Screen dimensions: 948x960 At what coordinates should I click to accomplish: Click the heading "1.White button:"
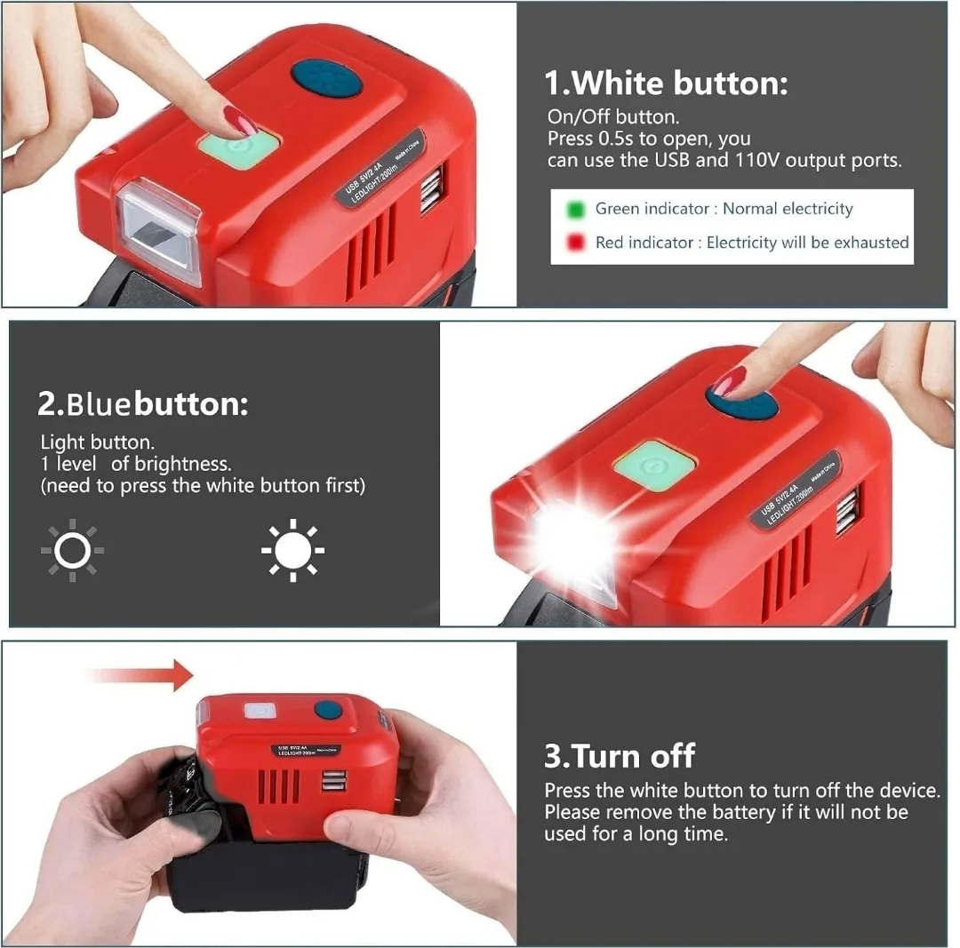(666, 84)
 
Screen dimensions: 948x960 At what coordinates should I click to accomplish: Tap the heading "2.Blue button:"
(142, 404)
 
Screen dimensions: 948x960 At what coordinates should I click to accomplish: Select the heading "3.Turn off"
(619, 756)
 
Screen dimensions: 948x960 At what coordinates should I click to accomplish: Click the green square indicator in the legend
(575, 210)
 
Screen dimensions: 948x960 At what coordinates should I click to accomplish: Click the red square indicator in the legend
(575, 243)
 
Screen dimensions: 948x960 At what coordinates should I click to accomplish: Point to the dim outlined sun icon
(72, 551)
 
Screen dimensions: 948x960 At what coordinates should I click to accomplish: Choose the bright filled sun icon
(292, 551)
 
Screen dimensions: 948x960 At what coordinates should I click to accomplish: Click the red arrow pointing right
(142, 675)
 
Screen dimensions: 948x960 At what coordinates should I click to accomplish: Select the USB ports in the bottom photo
(335, 782)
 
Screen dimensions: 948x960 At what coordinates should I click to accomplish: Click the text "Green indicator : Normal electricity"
(724, 210)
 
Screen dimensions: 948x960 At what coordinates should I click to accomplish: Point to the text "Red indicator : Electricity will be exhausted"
(751, 243)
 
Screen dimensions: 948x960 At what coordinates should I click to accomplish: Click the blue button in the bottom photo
(330, 710)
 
